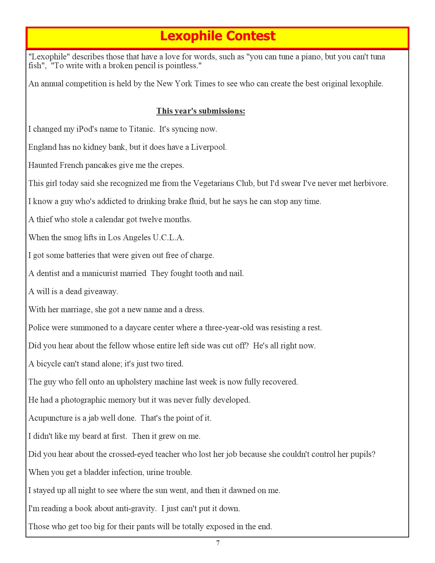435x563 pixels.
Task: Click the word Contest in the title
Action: pyautogui.click(x=250, y=36)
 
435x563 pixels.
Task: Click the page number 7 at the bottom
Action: pyautogui.click(x=218, y=543)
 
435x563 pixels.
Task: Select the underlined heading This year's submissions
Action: pyautogui.click(x=201, y=111)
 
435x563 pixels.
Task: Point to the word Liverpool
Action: pyautogui.click(x=208, y=147)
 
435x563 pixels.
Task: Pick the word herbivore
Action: pyautogui.click(x=371, y=183)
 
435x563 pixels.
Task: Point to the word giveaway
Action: pyautogui.click(x=101, y=291)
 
